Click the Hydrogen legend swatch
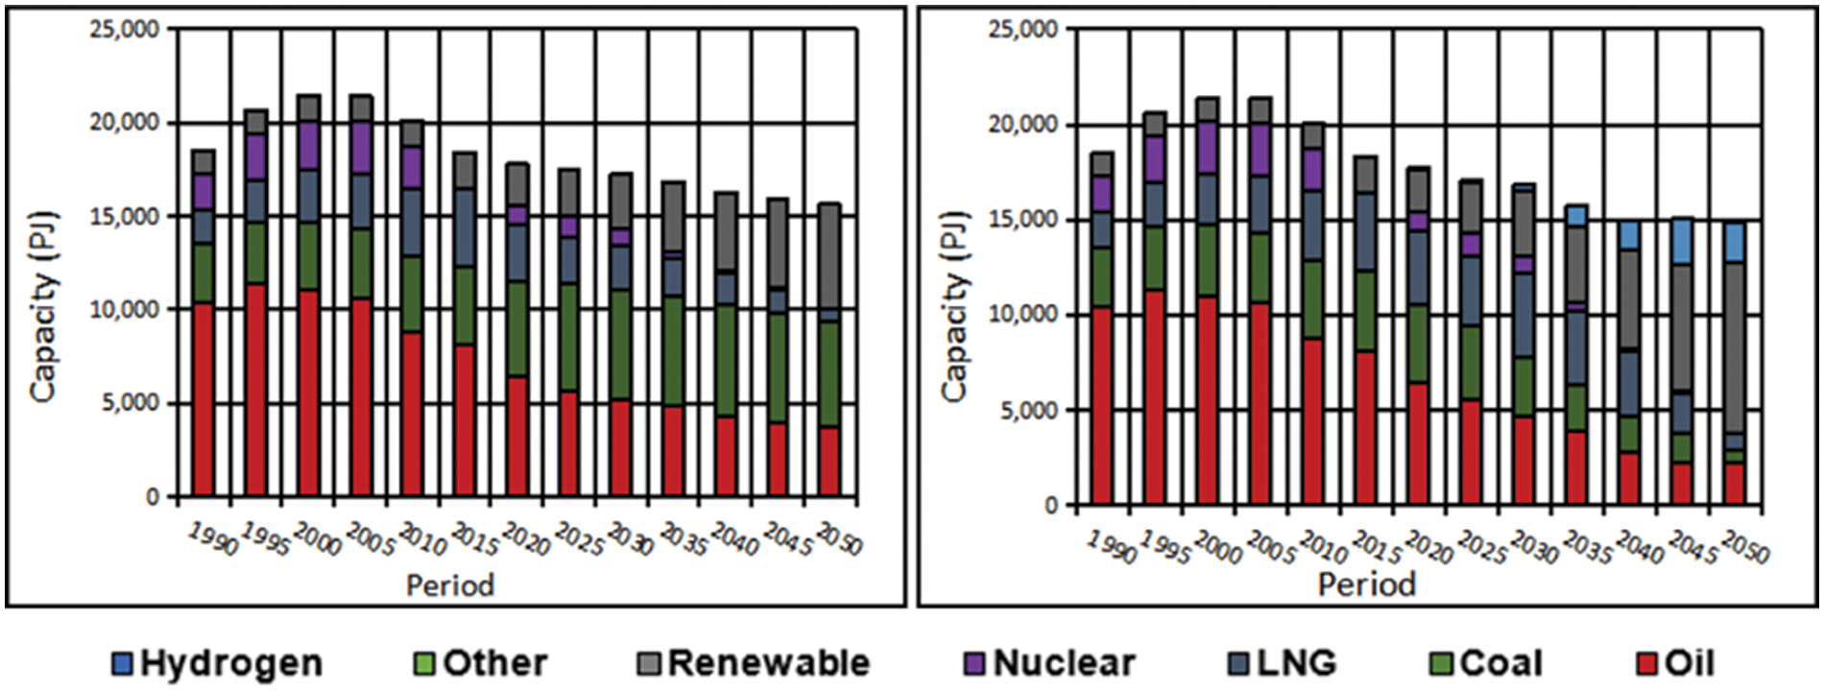122,663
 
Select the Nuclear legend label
1064,663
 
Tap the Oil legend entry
1689,663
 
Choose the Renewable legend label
768,663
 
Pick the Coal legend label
1500,663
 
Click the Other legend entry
494,663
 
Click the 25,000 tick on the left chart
124,30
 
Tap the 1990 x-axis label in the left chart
212,538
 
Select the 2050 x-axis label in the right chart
1744,546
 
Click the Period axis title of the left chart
449,584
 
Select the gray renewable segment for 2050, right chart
1734,345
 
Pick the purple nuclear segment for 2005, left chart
361,147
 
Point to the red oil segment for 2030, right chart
1523,460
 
